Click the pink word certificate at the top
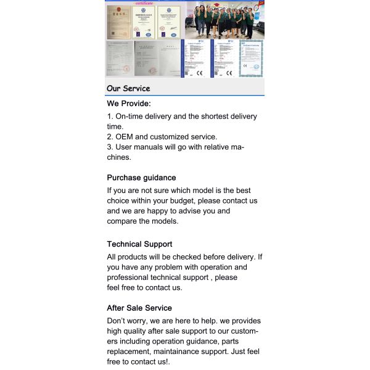click(143, 3)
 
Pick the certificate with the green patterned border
click(251, 59)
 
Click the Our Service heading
click(128, 88)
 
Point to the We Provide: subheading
click(129, 104)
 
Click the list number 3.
click(109, 147)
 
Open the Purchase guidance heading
click(141, 178)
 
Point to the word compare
click(121, 221)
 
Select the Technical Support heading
click(139, 244)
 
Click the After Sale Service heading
click(139, 308)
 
